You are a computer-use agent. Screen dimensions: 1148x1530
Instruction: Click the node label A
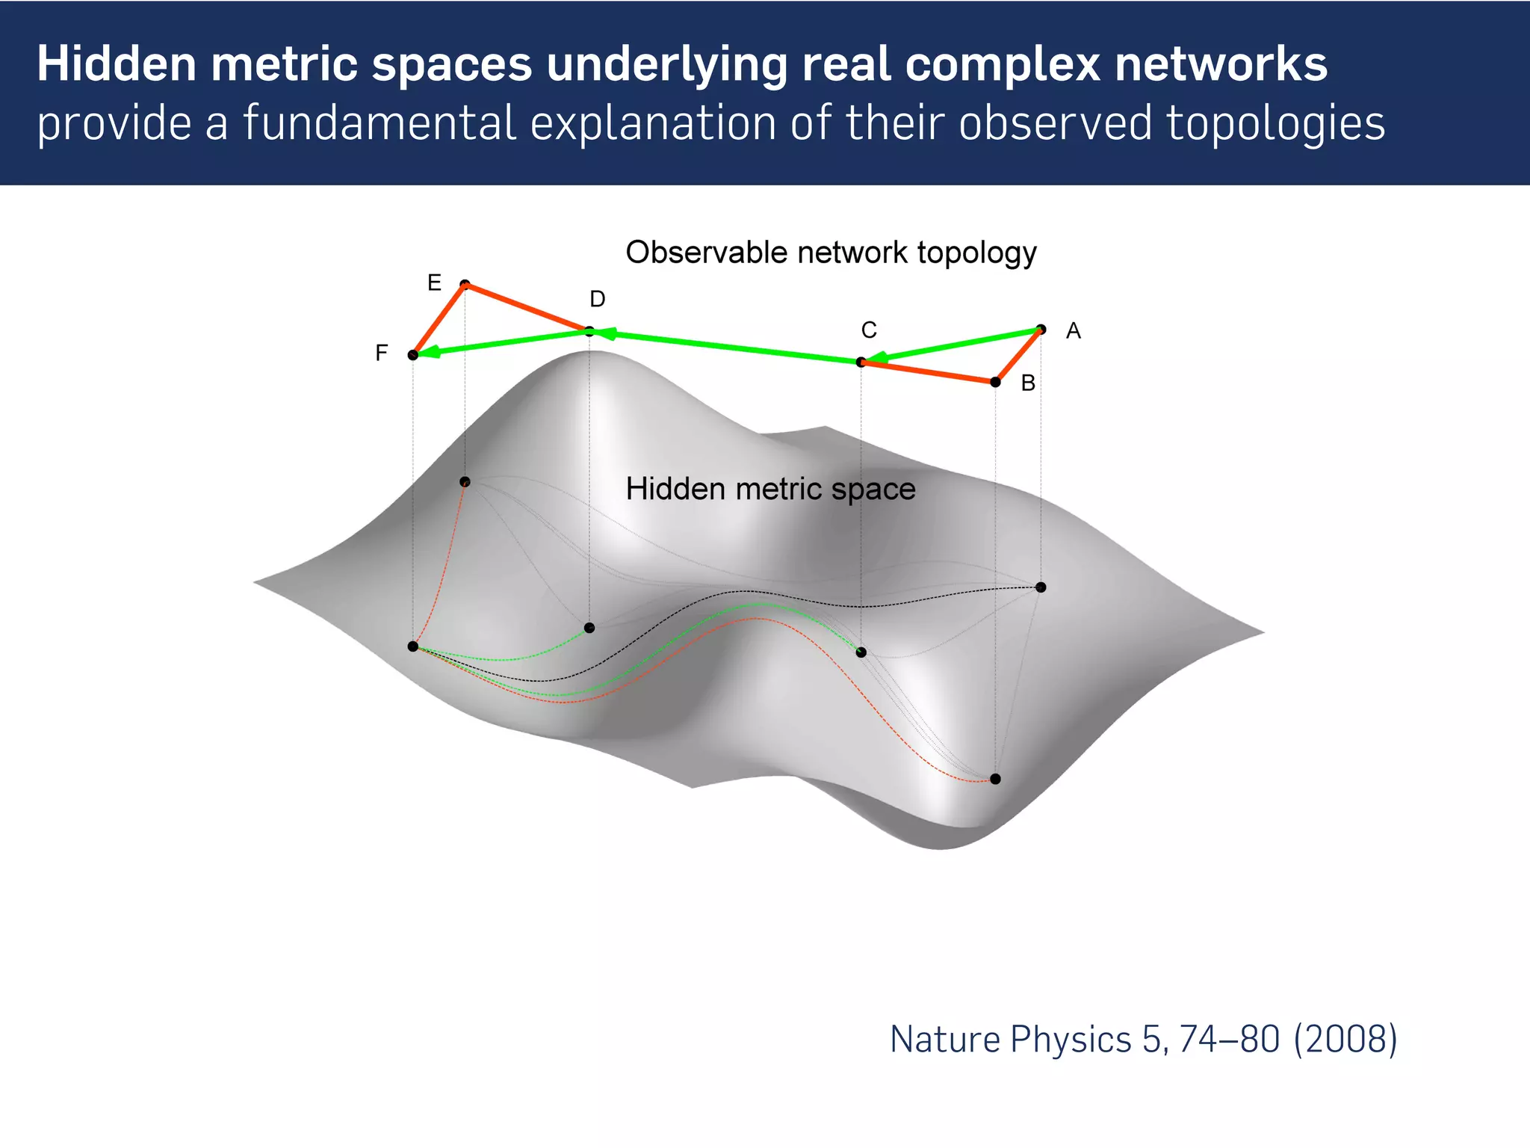point(1073,330)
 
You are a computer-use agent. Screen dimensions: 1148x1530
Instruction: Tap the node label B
point(1028,383)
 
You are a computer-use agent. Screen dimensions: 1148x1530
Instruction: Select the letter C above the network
point(869,330)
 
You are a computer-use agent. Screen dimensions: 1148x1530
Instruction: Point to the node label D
point(597,299)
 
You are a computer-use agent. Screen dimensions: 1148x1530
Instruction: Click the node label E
point(434,283)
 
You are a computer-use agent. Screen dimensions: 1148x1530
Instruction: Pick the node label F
point(381,353)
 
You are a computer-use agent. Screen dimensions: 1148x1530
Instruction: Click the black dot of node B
point(995,382)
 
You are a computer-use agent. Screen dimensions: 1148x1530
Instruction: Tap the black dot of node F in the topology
point(413,355)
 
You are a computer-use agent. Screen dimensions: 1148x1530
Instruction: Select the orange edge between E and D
point(527,307)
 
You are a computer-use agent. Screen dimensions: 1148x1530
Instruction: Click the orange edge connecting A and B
point(1018,356)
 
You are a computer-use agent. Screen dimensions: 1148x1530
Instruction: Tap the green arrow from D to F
point(501,343)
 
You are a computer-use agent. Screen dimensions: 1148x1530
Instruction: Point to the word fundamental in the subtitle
point(380,123)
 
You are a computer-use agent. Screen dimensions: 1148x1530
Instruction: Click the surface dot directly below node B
point(995,779)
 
